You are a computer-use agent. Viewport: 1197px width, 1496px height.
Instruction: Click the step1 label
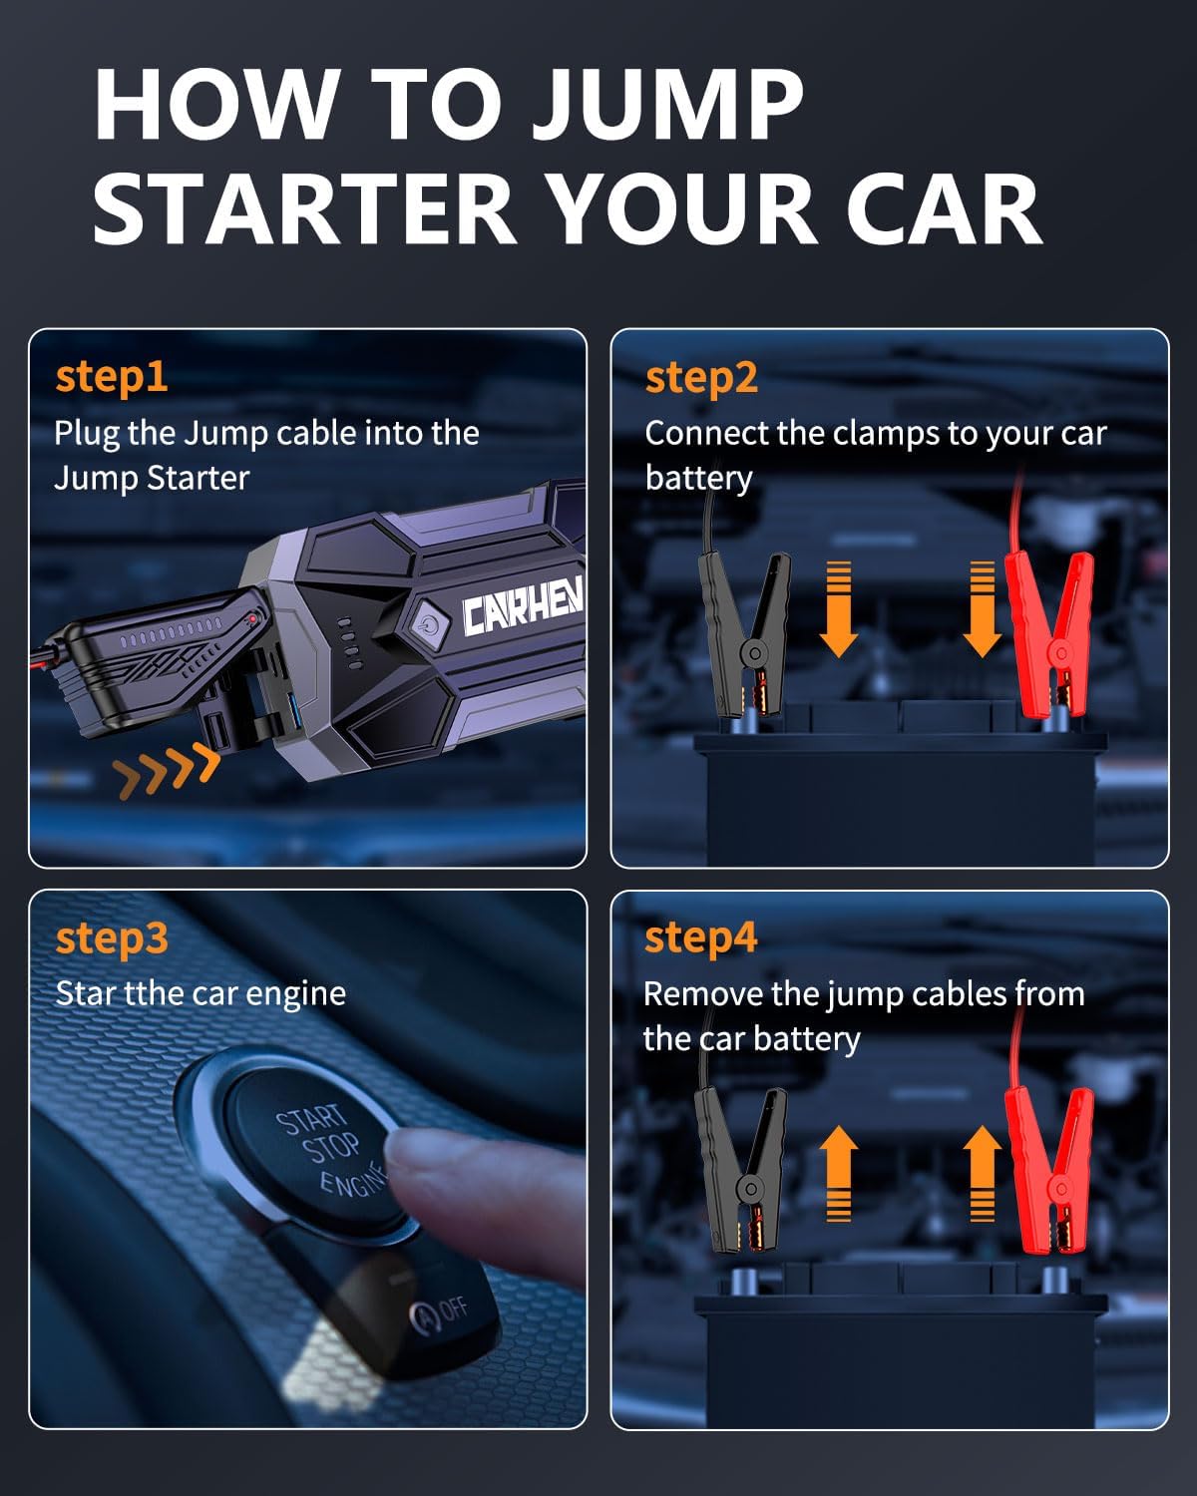point(112,378)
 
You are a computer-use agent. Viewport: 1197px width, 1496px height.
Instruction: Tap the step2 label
point(701,378)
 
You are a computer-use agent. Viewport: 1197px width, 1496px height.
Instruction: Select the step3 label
point(112,938)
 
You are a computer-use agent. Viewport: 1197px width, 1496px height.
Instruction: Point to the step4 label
point(700,938)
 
